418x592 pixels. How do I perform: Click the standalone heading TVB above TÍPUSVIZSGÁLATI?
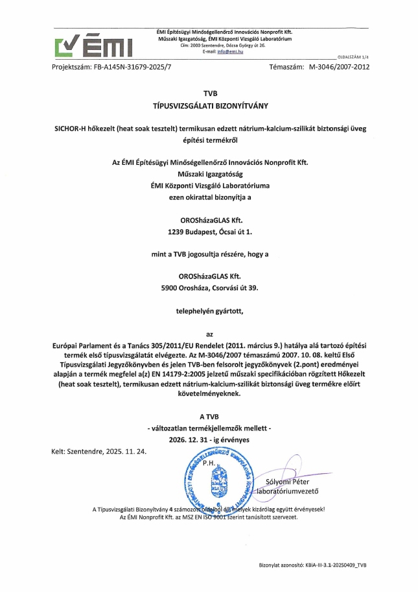click(x=209, y=93)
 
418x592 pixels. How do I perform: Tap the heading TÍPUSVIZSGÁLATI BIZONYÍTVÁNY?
click(x=209, y=105)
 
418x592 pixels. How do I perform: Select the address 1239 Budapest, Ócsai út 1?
click(x=209, y=230)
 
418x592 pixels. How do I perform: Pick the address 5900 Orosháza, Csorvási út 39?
click(x=209, y=285)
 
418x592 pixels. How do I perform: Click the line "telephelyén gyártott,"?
click(x=209, y=311)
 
